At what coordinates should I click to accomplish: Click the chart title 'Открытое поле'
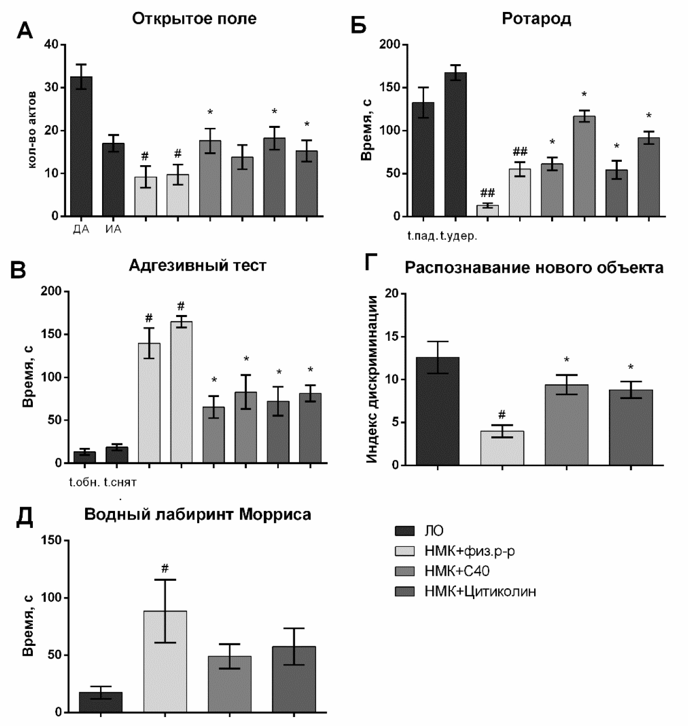[194, 19]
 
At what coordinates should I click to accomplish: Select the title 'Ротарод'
[536, 19]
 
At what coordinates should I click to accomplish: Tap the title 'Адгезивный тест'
[197, 265]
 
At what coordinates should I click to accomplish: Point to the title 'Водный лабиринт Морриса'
[198, 514]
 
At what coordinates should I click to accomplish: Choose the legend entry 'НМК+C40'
[457, 571]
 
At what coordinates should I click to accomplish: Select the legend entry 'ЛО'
[434, 530]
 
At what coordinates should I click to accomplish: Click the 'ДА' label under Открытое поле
[81, 229]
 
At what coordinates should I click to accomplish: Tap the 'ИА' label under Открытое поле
[114, 229]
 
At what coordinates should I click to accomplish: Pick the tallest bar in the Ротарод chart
[456, 144]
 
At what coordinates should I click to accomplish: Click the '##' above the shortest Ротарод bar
[487, 193]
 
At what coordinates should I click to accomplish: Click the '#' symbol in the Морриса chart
[165, 568]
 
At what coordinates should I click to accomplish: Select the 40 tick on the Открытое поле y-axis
[51, 45]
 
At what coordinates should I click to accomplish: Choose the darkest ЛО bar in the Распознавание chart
[437, 411]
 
